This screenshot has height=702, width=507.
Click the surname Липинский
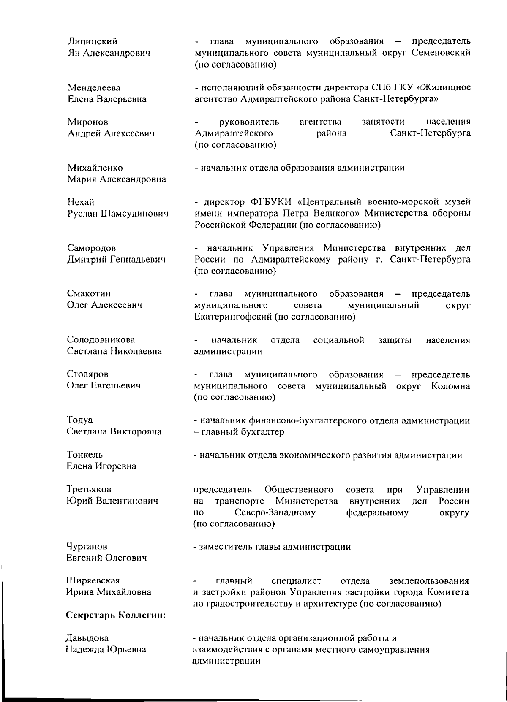tap(93, 41)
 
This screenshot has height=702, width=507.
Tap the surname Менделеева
tap(94, 88)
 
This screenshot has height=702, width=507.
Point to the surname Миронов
tap(88, 122)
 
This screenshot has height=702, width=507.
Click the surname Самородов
tap(92, 248)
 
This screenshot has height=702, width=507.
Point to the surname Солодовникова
tap(101, 340)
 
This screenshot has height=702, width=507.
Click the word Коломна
tap(450, 386)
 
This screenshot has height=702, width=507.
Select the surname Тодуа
tap(79, 420)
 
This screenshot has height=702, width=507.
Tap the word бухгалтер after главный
tap(264, 432)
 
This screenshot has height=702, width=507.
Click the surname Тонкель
tap(84, 455)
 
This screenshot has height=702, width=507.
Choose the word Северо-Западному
tap(275, 513)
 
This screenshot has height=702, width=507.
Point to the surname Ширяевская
tap(93, 581)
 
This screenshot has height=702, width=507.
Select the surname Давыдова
tap(87, 638)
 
